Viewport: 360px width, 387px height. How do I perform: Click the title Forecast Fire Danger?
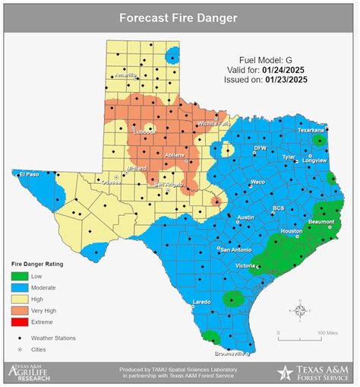pos(179,18)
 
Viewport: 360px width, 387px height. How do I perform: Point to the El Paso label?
pos(29,173)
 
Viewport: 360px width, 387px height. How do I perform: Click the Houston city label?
pos(292,230)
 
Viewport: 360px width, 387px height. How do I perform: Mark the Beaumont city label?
pos(321,221)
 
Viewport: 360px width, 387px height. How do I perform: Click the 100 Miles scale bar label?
pos(327,332)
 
